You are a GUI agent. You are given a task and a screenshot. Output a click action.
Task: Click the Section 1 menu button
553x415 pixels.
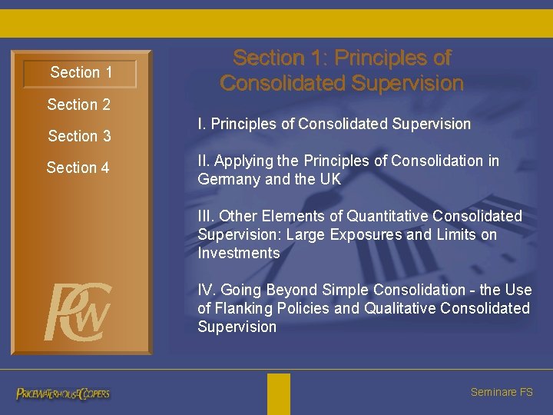[x=81, y=73]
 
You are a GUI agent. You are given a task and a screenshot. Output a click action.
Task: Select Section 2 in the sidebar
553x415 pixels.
[x=78, y=105]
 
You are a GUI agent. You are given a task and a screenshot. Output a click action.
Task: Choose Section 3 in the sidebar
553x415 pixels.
[x=79, y=136]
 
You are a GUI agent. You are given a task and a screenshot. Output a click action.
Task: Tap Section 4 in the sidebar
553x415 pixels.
[x=78, y=168]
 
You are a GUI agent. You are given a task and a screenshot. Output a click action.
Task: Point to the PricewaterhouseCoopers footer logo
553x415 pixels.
[x=63, y=393]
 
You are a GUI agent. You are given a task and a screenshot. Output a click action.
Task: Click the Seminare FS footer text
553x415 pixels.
[x=501, y=392]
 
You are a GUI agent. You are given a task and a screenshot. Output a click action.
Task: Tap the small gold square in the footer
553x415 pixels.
[x=279, y=393]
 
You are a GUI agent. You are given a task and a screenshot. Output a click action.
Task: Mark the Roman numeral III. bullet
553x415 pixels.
[x=207, y=216]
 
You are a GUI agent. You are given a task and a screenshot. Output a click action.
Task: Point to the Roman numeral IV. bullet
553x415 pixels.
[x=206, y=290]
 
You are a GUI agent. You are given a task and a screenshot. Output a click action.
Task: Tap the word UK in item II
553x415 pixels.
[x=330, y=179]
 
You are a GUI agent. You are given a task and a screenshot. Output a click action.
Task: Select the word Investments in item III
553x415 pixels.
[x=239, y=253]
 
